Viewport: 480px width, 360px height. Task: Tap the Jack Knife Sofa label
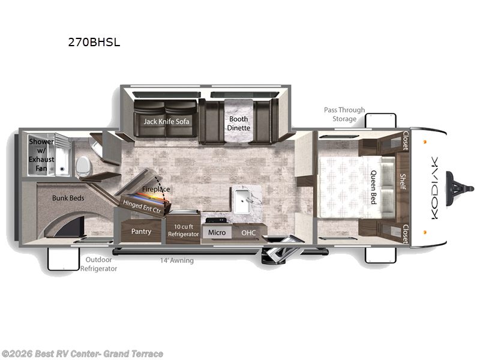tap(166, 121)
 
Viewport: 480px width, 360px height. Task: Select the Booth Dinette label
tap(238, 123)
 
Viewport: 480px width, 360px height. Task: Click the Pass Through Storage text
tap(344, 114)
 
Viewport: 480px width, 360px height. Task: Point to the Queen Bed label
tap(373, 187)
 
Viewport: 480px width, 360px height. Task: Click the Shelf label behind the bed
tap(403, 182)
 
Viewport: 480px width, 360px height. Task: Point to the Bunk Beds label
tap(68, 198)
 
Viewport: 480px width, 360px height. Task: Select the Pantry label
tap(141, 232)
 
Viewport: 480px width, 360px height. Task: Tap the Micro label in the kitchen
tap(216, 232)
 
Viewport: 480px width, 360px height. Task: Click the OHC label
tap(248, 232)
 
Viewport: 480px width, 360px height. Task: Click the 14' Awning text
tap(176, 260)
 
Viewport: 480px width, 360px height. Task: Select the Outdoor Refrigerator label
tap(98, 265)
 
